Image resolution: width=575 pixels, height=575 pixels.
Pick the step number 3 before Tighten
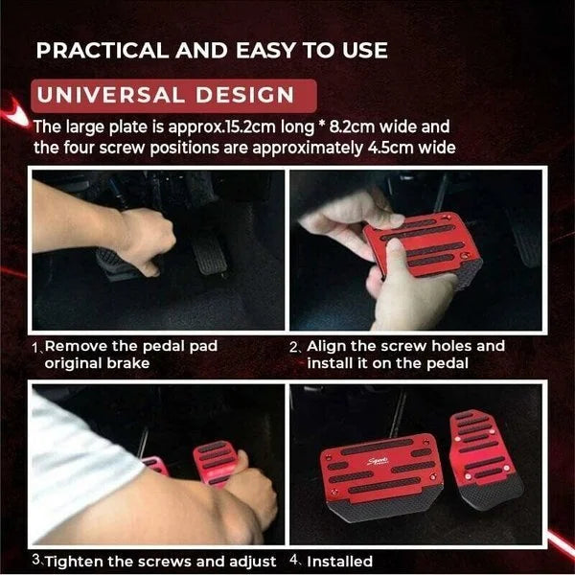click(x=35, y=561)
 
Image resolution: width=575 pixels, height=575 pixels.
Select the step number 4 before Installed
click(x=295, y=561)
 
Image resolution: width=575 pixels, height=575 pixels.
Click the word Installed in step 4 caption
click(x=340, y=561)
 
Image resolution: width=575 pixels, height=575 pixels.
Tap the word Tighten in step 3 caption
click(x=76, y=561)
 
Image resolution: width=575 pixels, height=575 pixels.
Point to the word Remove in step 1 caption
click(x=73, y=347)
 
